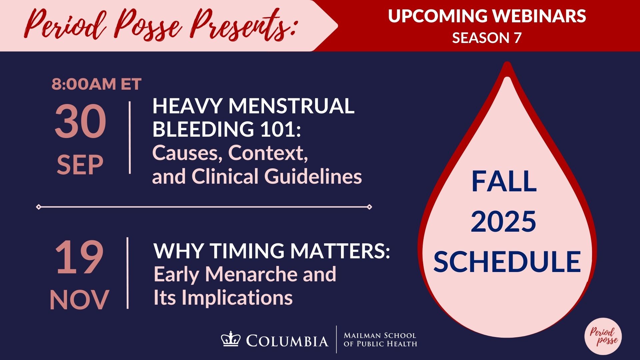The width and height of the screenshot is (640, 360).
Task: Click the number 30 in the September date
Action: tap(80, 121)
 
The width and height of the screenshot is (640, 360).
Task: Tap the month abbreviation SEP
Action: tap(80, 165)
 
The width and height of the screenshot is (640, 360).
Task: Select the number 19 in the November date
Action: tap(79, 257)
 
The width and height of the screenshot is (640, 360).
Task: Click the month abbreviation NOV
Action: tap(79, 300)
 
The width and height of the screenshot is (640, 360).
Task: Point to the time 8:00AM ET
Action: tap(97, 84)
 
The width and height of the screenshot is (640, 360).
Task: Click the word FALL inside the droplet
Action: tap(504, 181)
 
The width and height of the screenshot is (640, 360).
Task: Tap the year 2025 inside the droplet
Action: tap(503, 221)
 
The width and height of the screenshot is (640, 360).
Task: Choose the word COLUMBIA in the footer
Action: tap(287, 341)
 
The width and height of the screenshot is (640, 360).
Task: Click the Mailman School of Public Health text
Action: tap(380, 339)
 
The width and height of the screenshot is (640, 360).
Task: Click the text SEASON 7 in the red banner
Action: tap(486, 38)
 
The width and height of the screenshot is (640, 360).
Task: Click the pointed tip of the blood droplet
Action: tap(507, 63)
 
